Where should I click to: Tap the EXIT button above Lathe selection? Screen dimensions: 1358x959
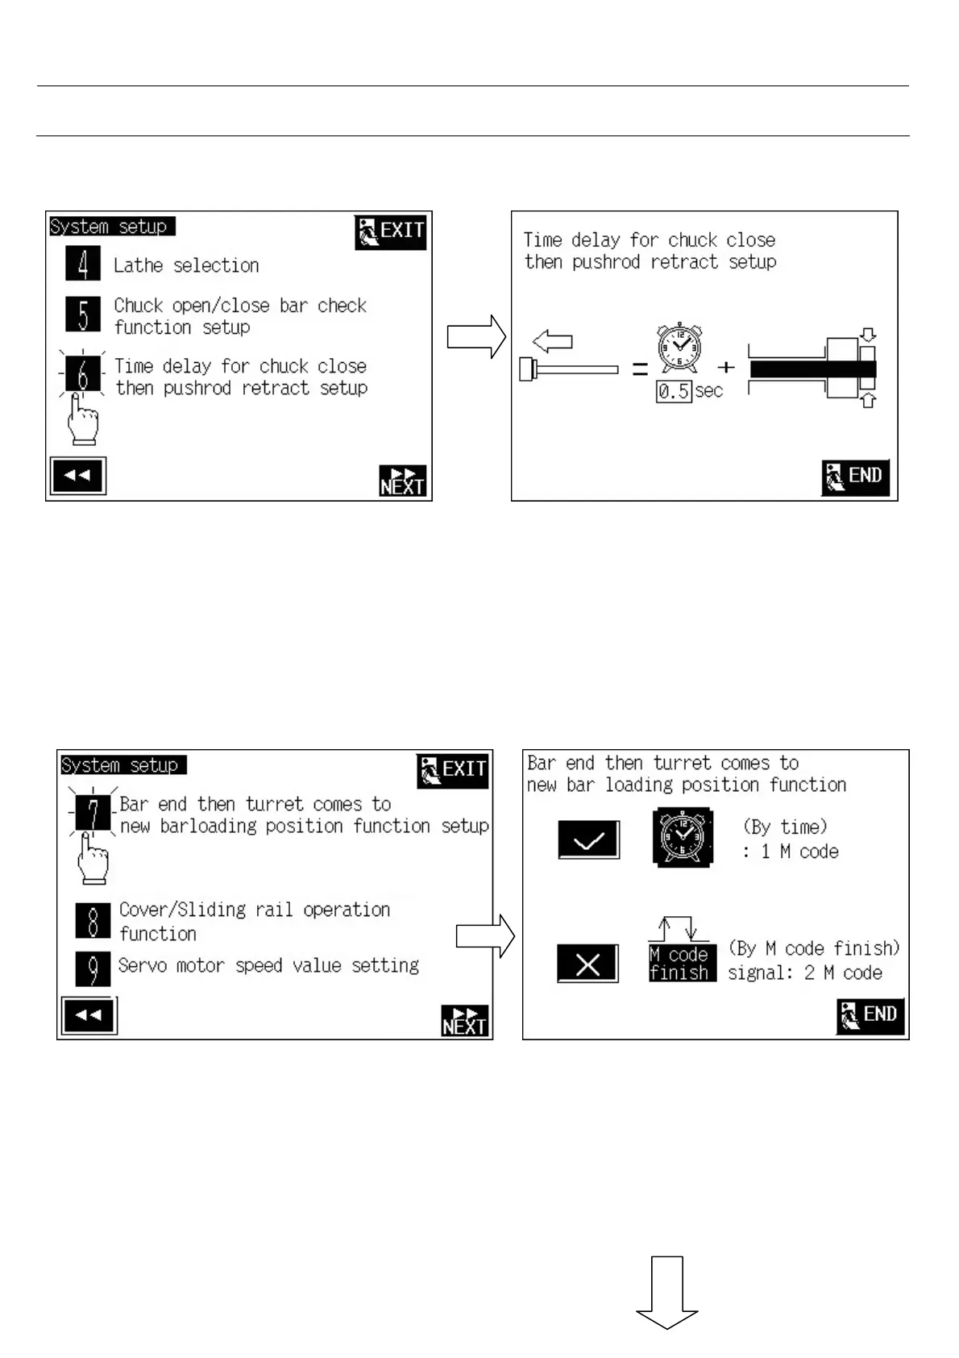391,232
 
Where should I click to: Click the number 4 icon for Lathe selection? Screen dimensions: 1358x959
83,265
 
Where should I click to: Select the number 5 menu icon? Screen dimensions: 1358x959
83,315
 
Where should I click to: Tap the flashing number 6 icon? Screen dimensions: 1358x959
82,374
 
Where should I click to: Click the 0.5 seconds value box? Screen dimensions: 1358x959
674,392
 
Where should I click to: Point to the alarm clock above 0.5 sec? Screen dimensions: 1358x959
679,348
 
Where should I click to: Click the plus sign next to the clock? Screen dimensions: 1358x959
726,368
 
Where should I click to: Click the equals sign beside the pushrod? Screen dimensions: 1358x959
640,369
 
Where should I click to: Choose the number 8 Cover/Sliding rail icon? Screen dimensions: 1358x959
93,921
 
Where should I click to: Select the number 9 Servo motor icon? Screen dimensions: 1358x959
93,969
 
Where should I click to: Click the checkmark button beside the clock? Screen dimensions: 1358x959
589,840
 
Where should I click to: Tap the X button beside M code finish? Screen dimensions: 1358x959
588,964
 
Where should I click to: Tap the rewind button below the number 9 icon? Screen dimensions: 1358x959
89,1015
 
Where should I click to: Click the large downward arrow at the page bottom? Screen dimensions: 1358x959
667,1291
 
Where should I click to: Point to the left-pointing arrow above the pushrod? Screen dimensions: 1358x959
553,342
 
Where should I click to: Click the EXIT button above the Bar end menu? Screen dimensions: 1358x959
453,771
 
